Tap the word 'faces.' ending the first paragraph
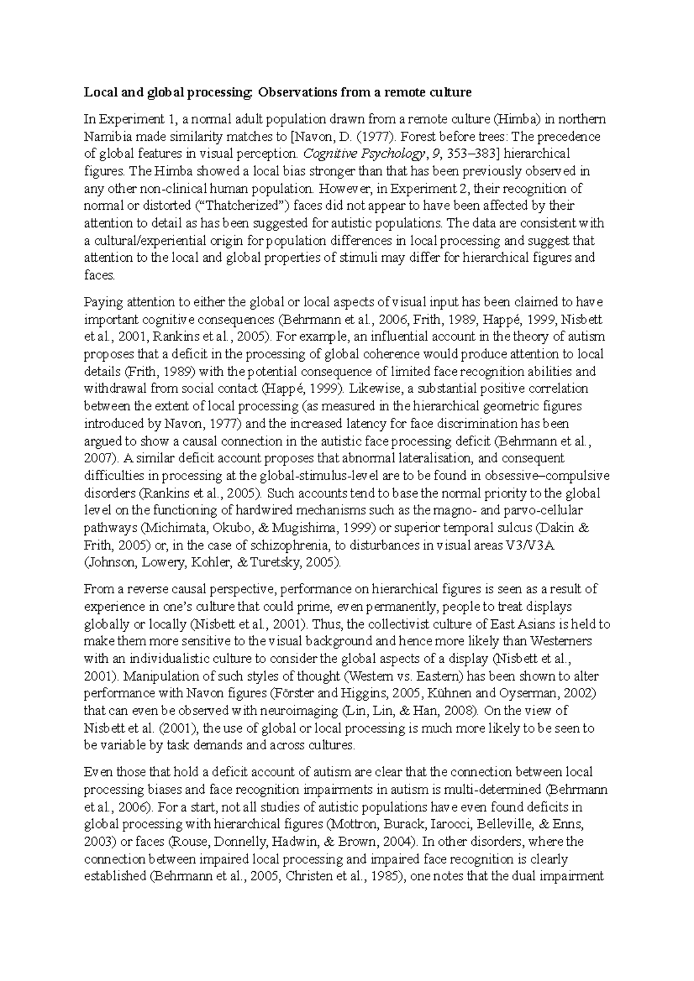coord(99,276)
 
